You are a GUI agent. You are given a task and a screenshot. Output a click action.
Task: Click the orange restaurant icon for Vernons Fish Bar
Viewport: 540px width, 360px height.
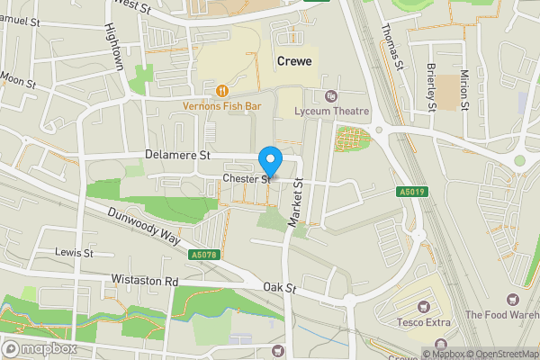click(x=221, y=90)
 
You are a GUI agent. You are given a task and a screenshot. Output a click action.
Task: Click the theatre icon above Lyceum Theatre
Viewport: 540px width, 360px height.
click(x=329, y=95)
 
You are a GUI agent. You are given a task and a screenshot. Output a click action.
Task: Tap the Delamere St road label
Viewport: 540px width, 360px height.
click(x=176, y=155)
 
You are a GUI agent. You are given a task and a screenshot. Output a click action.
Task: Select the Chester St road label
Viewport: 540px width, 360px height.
click(x=247, y=180)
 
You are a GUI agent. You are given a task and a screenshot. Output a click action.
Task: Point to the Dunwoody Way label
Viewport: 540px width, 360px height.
click(x=143, y=227)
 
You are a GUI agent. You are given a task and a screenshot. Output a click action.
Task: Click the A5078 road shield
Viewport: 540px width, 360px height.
click(x=202, y=255)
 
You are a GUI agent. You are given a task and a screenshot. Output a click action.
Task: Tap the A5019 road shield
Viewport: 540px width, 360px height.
click(x=409, y=192)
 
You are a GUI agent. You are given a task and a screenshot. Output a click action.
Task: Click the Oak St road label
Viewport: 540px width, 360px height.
click(x=280, y=287)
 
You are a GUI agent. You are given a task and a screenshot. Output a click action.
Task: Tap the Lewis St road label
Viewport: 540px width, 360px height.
click(x=75, y=253)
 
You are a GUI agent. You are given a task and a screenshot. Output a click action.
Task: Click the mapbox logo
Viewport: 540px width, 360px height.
click(x=40, y=348)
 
